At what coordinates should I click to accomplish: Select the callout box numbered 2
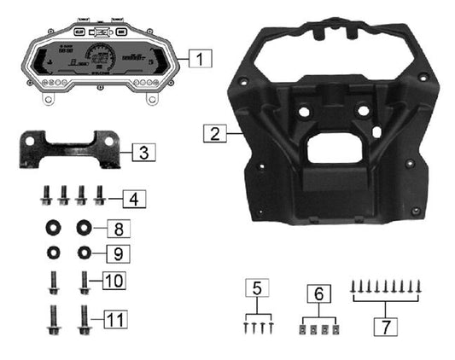point(214,133)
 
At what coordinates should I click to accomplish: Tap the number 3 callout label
point(144,153)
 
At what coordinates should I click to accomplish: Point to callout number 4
point(132,200)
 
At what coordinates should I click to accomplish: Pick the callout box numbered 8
point(119,229)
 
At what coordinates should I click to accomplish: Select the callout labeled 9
point(119,253)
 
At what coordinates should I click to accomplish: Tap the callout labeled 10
point(114,280)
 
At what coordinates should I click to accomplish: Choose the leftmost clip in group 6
point(304,328)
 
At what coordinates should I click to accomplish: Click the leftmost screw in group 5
point(245,326)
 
